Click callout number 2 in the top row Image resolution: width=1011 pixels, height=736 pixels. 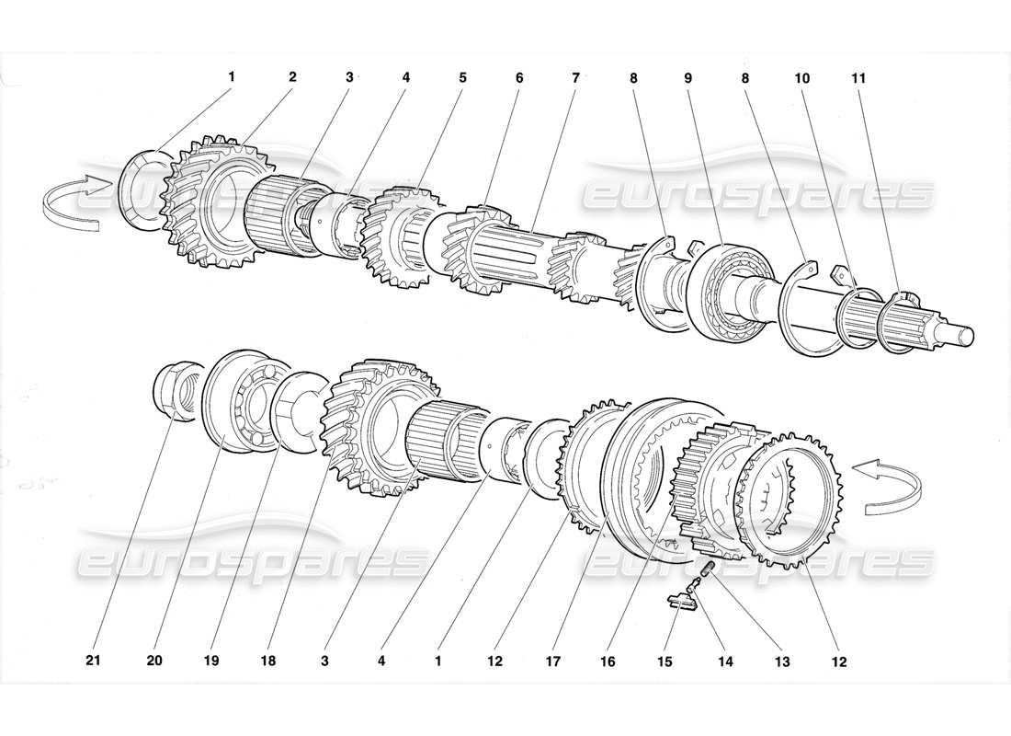(x=292, y=77)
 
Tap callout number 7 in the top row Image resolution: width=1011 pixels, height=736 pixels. (x=576, y=78)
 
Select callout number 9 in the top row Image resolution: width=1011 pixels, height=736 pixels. (x=688, y=78)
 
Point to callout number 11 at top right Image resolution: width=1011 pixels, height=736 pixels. (x=858, y=78)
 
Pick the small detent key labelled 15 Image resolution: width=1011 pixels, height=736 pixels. (x=681, y=603)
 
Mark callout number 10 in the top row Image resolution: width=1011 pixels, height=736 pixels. (x=802, y=78)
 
